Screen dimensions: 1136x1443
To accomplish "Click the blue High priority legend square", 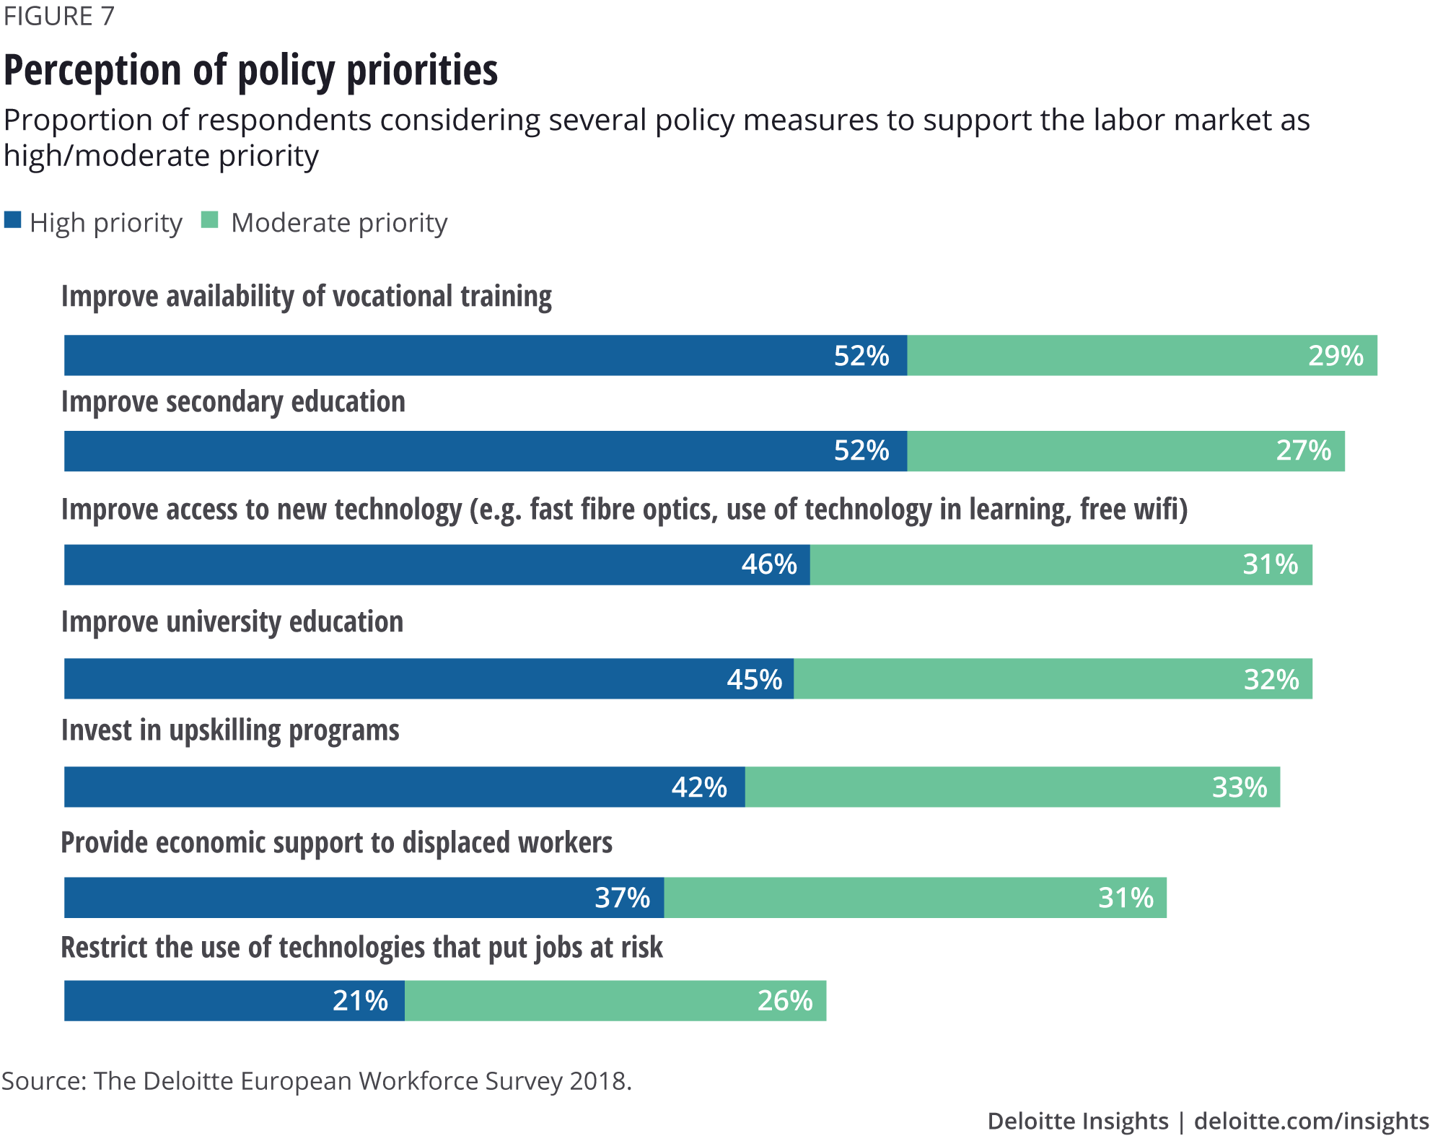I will click(12, 219).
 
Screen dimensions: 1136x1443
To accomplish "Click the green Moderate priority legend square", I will click(209, 219).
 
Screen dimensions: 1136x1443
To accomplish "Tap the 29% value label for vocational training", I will click(1335, 356).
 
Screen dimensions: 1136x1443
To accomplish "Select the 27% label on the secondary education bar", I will click(1303, 450).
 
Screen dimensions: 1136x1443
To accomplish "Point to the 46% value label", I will click(769, 564).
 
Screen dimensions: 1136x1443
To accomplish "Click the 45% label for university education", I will click(754, 679).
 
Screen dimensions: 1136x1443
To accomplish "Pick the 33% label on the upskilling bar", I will click(1239, 787).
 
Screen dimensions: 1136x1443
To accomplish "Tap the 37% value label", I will click(622, 898).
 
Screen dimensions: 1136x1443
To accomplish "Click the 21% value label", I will click(360, 1001).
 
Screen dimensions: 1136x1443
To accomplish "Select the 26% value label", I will click(784, 1001).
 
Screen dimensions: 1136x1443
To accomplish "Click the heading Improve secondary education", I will click(233, 402).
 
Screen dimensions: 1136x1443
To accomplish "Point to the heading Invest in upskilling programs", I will click(230, 730).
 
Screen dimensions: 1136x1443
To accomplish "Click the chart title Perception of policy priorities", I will click(250, 71).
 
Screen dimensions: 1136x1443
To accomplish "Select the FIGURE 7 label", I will click(58, 16).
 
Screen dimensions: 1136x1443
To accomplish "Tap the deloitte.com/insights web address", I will click(1311, 1121).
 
